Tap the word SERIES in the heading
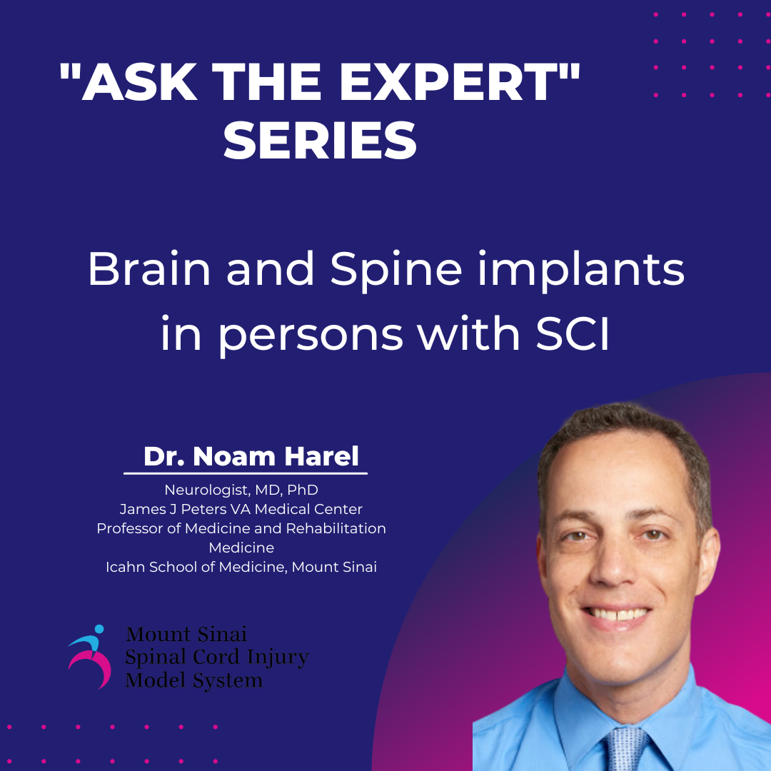[x=321, y=141]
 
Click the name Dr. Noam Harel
[x=251, y=456]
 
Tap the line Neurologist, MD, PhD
[x=241, y=490]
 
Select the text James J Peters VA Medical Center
[x=241, y=510]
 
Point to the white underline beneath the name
[x=246, y=473]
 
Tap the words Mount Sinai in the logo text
[x=186, y=634]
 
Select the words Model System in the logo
[x=193, y=680]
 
